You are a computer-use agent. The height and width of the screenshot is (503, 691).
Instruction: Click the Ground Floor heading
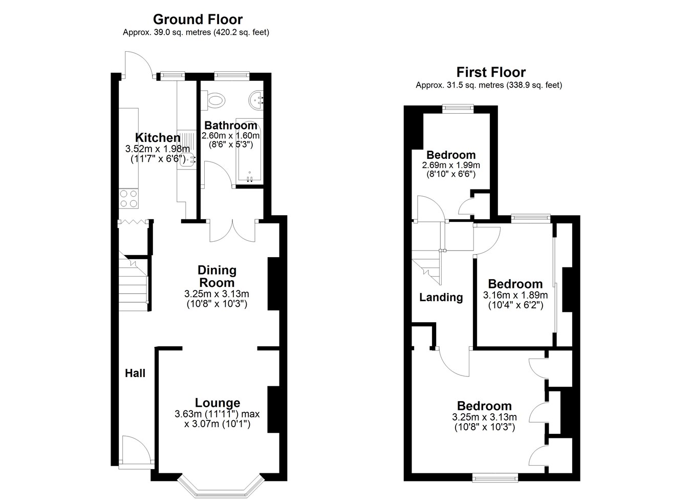click(198, 19)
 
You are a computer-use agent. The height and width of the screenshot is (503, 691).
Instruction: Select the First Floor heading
click(491, 72)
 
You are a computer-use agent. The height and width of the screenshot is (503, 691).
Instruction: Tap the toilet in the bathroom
click(213, 100)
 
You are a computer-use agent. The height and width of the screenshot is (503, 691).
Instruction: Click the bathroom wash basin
click(256, 100)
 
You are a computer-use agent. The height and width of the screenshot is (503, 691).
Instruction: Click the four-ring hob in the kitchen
click(128, 198)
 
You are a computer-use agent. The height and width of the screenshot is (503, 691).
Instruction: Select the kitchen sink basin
click(187, 160)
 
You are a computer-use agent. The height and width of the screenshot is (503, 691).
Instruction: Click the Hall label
click(135, 373)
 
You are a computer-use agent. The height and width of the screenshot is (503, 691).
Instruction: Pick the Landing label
click(441, 298)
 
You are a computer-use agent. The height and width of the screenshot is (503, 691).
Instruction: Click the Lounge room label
click(218, 403)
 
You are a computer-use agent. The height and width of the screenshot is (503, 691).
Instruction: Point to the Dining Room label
click(217, 277)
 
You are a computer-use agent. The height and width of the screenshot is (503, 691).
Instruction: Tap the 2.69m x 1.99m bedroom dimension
click(451, 165)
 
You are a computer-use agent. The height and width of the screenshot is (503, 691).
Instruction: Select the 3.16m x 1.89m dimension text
click(515, 295)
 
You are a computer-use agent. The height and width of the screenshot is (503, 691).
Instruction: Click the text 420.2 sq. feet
click(242, 32)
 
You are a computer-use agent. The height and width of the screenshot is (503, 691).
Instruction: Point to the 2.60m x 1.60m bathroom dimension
click(230, 136)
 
